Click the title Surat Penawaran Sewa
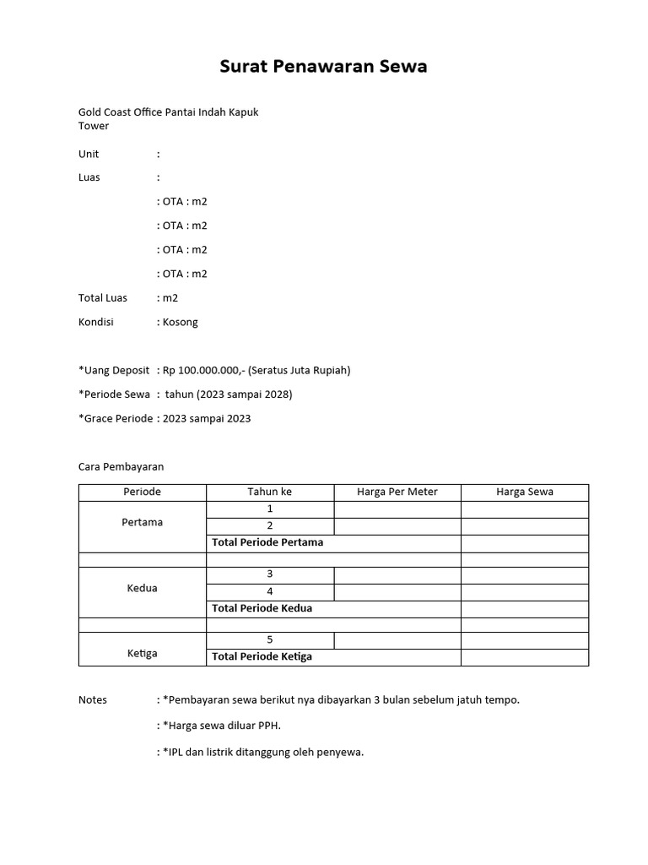tap(323, 67)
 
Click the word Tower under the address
tap(94, 126)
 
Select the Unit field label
tap(89, 154)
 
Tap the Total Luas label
tap(103, 297)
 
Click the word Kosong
tap(181, 322)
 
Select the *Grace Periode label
tap(116, 418)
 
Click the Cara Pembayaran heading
tap(121, 466)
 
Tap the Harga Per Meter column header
tap(397, 492)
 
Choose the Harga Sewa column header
tap(525, 492)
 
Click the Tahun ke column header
tap(270, 492)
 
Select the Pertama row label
tap(143, 522)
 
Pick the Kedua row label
tap(143, 588)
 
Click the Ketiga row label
tap(143, 653)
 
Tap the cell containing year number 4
tap(270, 591)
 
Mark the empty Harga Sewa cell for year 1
tap(525, 509)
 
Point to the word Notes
tap(93, 700)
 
